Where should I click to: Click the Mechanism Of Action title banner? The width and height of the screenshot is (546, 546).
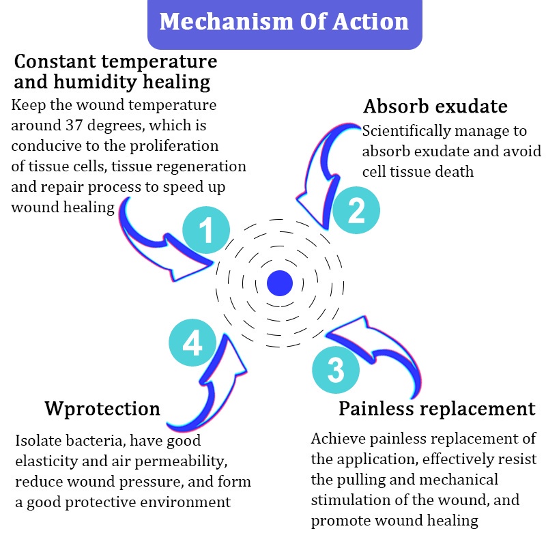coord(285,22)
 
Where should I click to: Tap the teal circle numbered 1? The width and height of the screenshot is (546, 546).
coord(206,230)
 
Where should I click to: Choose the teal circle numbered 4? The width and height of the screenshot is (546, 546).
coord(192,345)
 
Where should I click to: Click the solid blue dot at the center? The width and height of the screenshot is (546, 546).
coord(280,283)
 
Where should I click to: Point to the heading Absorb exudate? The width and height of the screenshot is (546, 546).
coord(435,107)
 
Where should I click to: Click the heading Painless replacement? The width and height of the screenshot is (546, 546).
coord(437,409)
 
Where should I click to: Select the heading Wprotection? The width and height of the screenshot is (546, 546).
coord(102,409)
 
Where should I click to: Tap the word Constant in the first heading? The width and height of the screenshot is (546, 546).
coord(54,61)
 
